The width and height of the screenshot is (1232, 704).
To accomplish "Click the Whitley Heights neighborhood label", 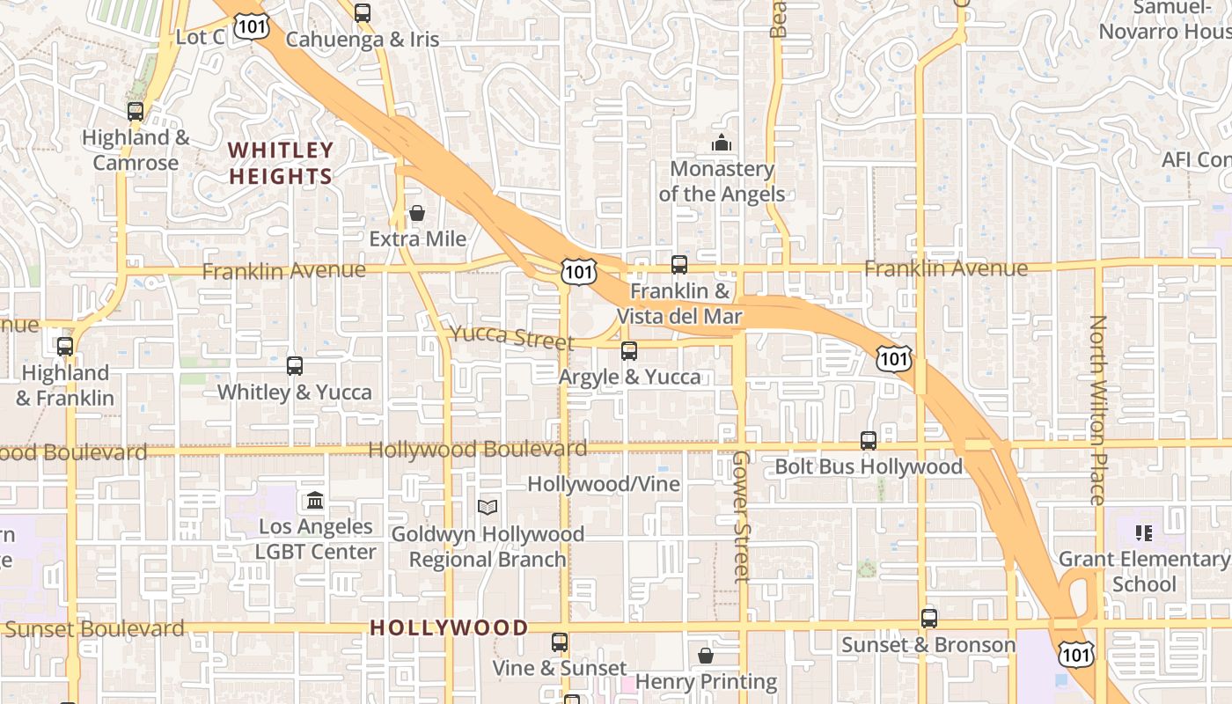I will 281,163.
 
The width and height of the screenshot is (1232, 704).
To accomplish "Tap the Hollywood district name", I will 449,627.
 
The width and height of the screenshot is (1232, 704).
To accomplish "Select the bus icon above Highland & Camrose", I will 136,112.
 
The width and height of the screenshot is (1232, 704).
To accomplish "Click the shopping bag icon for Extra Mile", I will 417,213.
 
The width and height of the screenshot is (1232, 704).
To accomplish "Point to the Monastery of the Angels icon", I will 722,143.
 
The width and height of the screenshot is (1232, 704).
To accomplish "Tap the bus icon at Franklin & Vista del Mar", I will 678,264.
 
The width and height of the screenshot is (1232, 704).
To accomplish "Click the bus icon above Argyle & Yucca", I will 629,351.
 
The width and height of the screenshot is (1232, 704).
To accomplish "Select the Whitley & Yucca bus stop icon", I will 295,365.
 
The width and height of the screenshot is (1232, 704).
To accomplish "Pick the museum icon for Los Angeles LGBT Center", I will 315,501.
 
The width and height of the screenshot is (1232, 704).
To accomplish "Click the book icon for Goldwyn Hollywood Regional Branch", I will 488,507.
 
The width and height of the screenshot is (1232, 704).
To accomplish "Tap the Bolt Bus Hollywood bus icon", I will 869,441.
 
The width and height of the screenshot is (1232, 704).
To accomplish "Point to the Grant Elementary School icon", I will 1144,532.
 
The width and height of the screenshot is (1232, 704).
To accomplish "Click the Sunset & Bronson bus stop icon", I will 929,619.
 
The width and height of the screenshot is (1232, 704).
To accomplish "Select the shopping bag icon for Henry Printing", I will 706,656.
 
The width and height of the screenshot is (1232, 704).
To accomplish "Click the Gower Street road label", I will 742,517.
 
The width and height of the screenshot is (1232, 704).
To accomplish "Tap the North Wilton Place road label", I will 1097,409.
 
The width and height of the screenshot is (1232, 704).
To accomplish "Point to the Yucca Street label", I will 512,337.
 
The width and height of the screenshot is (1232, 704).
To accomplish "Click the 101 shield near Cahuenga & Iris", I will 253,26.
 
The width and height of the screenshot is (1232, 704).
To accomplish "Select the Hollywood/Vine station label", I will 604,484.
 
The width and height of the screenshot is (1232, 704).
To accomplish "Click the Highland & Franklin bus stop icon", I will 65,347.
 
